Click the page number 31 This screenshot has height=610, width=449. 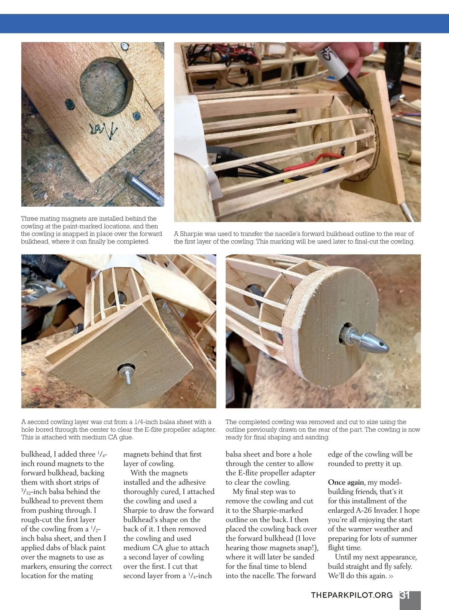click(x=405, y=595)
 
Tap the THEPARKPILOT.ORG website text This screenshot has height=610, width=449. click(x=352, y=595)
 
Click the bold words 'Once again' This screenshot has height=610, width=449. click(x=346, y=482)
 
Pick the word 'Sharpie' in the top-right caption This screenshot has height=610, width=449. click(x=191, y=234)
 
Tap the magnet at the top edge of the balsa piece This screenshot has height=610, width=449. click(x=124, y=47)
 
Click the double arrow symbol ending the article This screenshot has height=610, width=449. click(x=391, y=576)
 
